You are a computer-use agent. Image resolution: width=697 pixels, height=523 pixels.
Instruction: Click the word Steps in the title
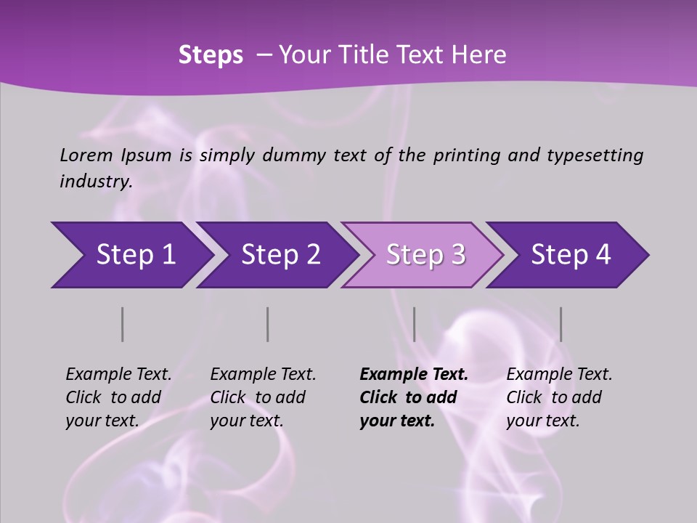point(211,55)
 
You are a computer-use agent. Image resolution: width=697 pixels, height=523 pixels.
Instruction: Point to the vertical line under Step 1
point(123,324)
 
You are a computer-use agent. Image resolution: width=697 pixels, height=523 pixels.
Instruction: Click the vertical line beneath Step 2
point(268,324)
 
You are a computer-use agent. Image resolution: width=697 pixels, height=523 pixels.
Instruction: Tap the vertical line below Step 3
point(414,324)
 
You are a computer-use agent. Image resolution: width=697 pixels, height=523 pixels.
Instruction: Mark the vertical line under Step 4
point(561,324)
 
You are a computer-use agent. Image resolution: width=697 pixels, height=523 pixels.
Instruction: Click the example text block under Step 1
point(118,397)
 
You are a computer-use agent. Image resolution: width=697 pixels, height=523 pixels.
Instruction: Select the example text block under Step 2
point(263,397)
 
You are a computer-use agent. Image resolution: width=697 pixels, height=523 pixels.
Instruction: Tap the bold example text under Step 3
point(413,397)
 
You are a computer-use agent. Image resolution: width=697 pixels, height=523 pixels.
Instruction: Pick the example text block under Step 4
point(559,397)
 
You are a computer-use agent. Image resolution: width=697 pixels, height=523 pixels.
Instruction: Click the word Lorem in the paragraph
point(86,155)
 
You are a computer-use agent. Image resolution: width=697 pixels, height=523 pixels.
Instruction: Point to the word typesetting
point(595,155)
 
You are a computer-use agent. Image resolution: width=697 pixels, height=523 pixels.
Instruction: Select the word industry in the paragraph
point(96,182)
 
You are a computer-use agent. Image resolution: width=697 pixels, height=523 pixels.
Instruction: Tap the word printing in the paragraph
point(467,155)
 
